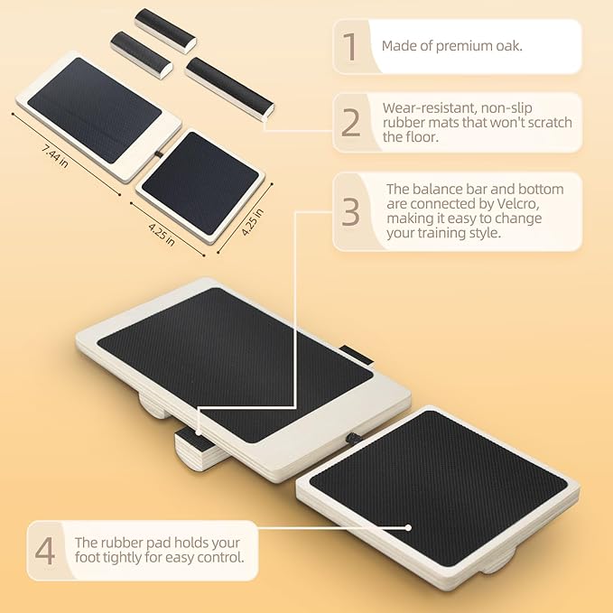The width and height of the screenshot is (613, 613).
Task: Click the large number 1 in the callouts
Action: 350,47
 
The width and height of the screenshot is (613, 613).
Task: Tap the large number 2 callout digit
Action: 350,122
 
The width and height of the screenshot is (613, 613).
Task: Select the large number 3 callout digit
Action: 350,211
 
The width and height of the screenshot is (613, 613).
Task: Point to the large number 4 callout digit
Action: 45,550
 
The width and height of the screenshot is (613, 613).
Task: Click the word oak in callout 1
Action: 509,46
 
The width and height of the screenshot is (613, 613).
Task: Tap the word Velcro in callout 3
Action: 518,204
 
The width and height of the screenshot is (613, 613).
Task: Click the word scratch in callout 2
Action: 550,123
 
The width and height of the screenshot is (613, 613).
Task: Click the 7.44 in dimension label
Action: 55,156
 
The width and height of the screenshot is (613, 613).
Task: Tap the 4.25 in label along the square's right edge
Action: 252,222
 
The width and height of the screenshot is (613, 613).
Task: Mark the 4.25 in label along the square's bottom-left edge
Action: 162,234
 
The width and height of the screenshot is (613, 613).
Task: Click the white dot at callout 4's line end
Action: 408,528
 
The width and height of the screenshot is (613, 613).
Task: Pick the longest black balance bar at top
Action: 230,87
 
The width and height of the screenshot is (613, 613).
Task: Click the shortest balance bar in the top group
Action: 141,55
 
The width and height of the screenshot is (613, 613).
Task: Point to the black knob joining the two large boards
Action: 350,437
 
